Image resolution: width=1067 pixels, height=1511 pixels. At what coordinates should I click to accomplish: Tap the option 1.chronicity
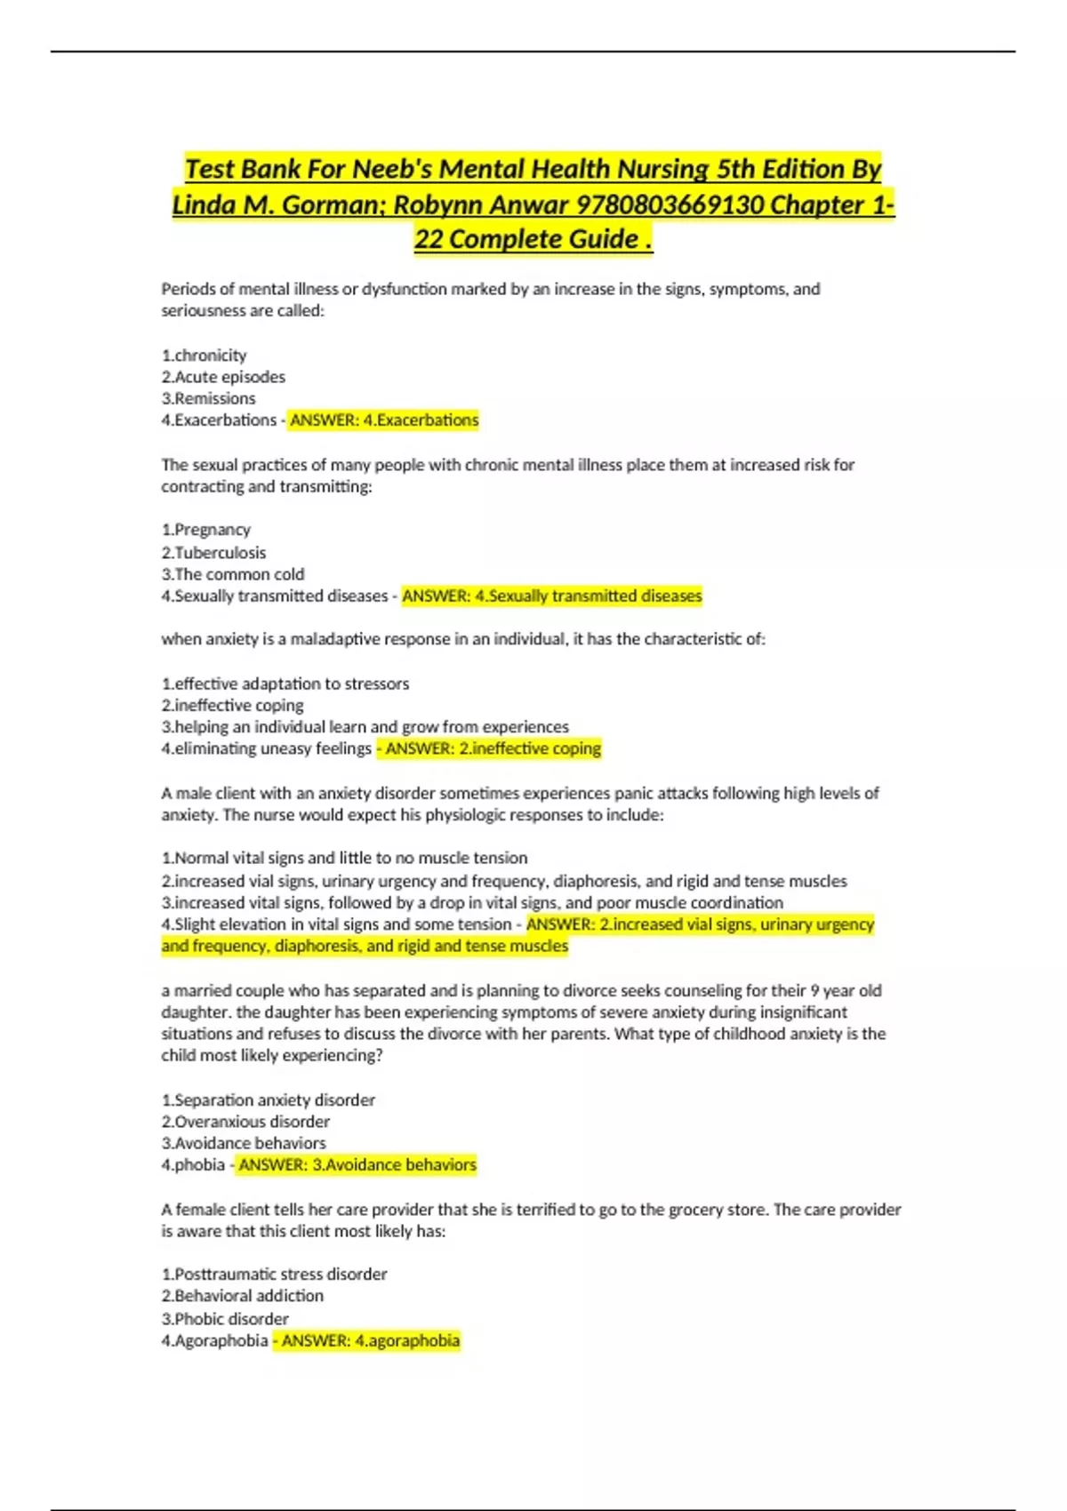click(x=204, y=356)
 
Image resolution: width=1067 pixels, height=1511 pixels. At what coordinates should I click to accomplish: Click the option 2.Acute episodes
click(x=223, y=377)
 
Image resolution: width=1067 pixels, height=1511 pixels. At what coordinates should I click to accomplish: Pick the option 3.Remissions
click(x=208, y=398)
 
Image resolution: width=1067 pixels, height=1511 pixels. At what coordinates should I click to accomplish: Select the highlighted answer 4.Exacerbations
click(x=384, y=420)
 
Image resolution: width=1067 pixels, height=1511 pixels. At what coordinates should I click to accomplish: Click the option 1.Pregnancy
click(x=205, y=530)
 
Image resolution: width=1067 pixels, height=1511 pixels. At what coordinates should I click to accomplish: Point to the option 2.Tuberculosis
click(x=213, y=552)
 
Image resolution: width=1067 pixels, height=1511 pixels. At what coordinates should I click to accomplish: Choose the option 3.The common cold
click(x=232, y=574)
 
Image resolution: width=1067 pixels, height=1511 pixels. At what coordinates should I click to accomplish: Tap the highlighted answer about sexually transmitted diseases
click(x=552, y=596)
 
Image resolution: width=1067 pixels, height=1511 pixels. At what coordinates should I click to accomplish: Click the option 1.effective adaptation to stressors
click(x=285, y=684)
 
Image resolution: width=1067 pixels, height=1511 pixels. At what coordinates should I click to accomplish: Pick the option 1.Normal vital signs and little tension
click(x=344, y=858)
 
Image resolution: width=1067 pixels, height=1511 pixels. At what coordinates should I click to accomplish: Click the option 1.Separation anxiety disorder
click(x=268, y=1099)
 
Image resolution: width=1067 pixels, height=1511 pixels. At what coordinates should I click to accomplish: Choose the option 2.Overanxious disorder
click(x=245, y=1122)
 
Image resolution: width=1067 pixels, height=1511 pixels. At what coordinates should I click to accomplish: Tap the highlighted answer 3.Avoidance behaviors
click(x=357, y=1164)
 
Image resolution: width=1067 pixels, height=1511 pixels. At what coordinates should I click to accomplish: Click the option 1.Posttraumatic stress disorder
click(x=274, y=1274)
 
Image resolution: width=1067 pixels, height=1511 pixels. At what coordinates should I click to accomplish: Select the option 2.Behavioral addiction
click(x=242, y=1296)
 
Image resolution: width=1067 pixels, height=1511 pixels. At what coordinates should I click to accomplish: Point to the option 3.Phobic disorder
click(x=225, y=1318)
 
